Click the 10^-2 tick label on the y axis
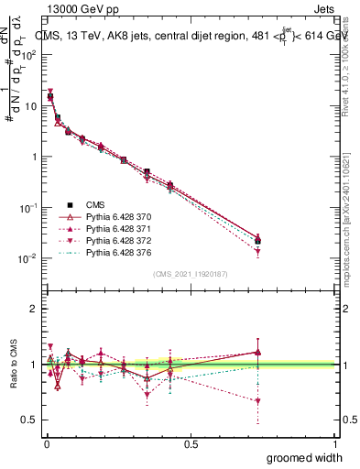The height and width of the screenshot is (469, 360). click(x=27, y=259)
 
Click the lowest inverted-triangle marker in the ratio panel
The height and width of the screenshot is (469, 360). click(x=258, y=401)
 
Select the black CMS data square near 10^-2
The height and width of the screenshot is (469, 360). click(x=258, y=241)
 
